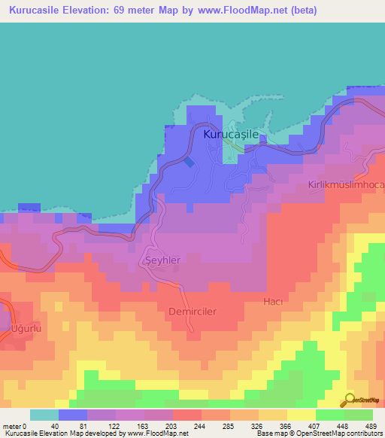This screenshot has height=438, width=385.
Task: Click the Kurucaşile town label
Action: (x=231, y=134)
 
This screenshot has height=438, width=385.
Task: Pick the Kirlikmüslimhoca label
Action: (x=346, y=185)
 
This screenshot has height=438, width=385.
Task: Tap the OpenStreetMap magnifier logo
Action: (x=348, y=400)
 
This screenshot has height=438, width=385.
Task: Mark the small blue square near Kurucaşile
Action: (x=188, y=161)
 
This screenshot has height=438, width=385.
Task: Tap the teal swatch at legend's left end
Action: (x=44, y=415)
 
